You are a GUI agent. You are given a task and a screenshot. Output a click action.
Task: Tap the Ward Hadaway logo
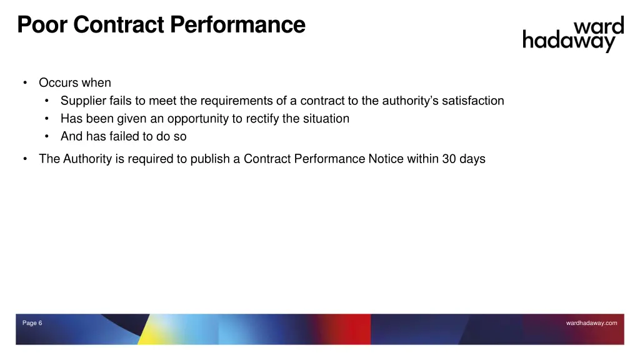(573, 34)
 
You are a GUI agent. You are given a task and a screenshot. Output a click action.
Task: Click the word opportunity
(199, 119)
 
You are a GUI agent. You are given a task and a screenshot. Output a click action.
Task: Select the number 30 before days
(449, 159)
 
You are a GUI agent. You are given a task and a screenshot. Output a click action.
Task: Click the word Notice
(386, 159)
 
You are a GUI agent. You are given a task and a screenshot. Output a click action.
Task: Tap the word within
(422, 159)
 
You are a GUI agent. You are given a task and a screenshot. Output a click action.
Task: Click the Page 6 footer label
(32, 323)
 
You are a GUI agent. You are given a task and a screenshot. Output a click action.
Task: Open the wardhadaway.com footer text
(591, 323)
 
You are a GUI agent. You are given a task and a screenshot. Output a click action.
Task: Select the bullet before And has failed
(47, 137)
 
